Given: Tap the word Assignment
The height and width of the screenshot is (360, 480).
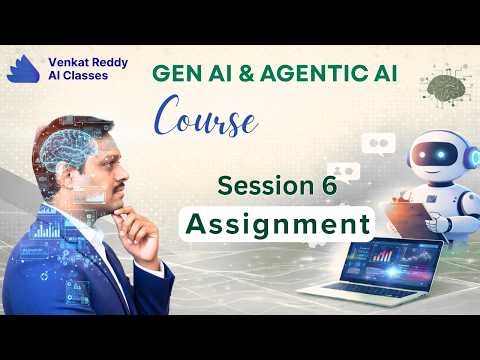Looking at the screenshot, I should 279,222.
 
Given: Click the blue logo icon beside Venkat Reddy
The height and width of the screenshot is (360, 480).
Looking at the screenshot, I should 23,68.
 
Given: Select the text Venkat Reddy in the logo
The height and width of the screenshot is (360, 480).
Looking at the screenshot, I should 85,61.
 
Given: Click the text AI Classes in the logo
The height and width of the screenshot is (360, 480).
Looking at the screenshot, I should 74,76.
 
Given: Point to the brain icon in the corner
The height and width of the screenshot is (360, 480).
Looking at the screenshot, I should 444,89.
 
